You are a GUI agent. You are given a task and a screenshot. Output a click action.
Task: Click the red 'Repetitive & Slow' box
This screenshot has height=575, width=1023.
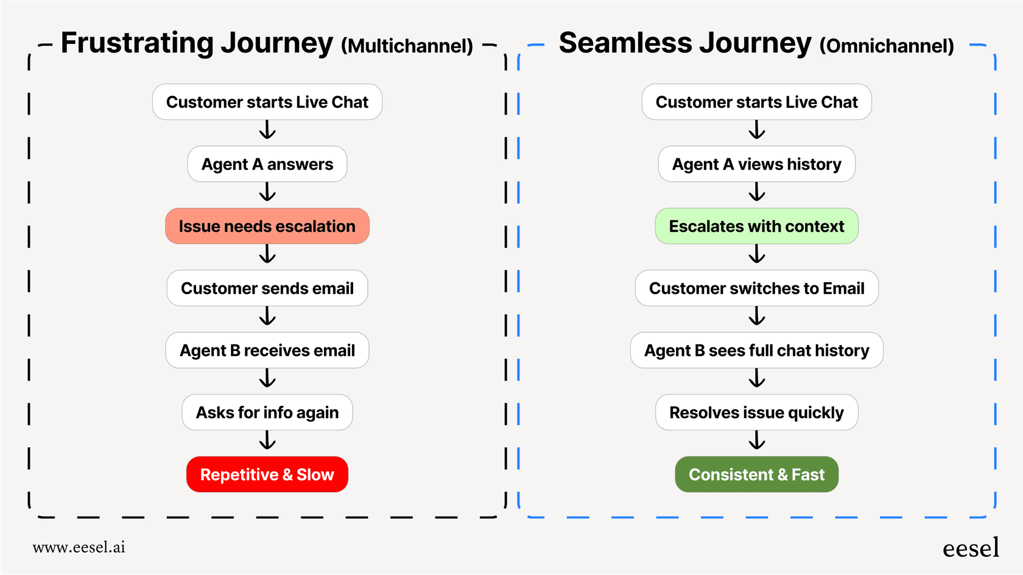267,474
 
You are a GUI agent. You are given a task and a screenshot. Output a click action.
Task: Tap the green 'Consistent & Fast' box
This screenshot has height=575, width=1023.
756,474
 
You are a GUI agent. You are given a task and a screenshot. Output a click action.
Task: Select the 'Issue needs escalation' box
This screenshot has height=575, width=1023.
267,226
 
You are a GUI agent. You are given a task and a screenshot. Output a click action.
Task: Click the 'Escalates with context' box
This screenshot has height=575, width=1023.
756,226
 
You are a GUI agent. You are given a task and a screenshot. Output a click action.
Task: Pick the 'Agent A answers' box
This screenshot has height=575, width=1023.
267,164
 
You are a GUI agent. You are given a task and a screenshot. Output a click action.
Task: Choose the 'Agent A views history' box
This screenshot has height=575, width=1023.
756,164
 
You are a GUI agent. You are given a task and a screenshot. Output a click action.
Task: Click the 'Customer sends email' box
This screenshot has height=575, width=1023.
267,288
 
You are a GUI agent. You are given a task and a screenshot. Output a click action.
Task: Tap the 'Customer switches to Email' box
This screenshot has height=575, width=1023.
756,288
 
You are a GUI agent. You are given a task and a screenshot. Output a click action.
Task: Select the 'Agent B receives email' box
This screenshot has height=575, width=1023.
267,350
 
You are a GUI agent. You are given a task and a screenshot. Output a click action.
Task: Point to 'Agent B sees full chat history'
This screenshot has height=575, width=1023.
756,350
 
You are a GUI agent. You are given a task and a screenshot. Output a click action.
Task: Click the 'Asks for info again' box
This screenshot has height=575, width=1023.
267,413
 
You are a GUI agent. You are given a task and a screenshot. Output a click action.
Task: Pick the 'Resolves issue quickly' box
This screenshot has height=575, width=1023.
756,413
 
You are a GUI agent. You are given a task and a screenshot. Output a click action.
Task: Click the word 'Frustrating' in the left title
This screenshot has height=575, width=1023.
137,44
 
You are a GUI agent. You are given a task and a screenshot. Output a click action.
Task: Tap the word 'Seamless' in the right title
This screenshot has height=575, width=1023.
625,44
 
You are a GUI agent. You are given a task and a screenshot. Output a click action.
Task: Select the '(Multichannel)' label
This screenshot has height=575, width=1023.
407,46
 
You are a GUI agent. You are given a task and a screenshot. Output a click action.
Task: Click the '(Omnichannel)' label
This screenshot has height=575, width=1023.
887,46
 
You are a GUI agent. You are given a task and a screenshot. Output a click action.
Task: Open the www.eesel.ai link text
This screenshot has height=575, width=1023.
79,547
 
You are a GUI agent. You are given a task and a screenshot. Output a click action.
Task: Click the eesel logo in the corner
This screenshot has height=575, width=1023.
971,548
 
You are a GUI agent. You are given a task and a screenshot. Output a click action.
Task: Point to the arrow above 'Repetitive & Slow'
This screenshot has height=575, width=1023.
267,441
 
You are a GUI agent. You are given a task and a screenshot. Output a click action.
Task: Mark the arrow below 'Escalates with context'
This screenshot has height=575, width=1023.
757,254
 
